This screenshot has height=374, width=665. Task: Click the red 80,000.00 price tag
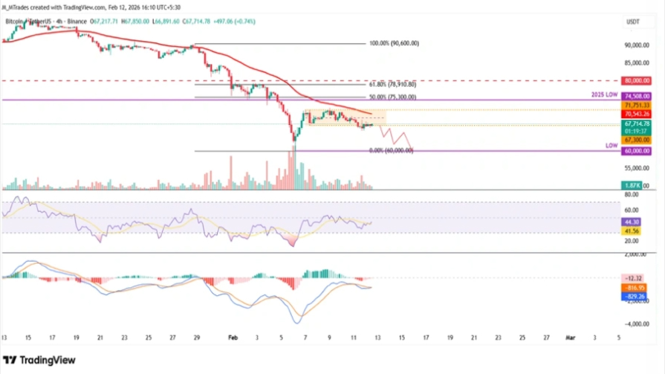(x=637, y=80)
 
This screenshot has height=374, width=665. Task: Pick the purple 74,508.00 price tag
(x=637, y=96)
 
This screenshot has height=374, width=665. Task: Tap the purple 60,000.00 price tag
(x=637, y=150)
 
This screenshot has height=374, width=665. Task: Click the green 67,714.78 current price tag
(x=637, y=124)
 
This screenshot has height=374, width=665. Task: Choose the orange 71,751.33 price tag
(x=637, y=106)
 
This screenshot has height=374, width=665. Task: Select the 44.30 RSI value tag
(x=632, y=222)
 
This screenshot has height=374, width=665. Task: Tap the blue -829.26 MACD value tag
(x=635, y=296)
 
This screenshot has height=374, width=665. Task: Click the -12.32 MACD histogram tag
(x=634, y=278)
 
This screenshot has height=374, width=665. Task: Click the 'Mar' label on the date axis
(x=569, y=337)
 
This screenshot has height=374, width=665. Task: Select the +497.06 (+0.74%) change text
(x=233, y=22)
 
